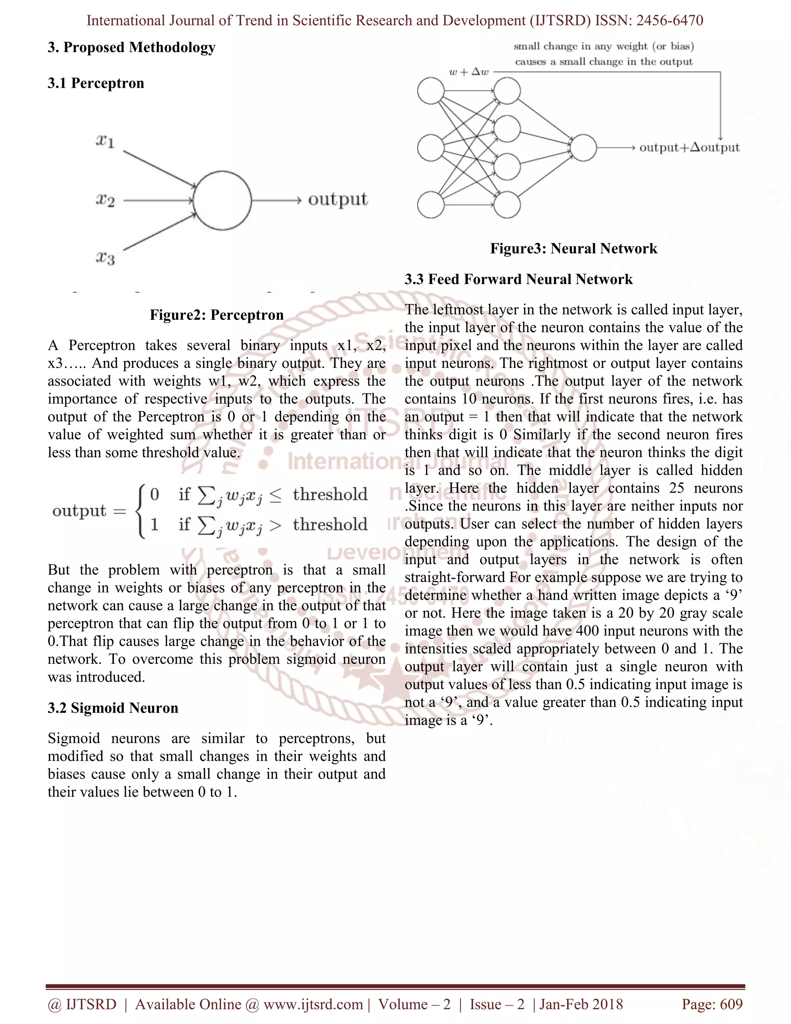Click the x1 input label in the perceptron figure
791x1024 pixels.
click(x=105, y=141)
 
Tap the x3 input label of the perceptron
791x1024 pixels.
click(x=105, y=257)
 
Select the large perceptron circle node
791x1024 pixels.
click(x=222, y=201)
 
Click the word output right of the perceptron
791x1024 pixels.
click(x=338, y=199)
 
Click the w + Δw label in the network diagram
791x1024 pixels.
click(x=468, y=72)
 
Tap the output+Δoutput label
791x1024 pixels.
click(x=689, y=148)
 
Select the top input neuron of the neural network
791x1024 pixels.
click(x=431, y=91)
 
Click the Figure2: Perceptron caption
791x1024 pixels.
click(x=217, y=315)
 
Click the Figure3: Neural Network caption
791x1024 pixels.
click(x=574, y=248)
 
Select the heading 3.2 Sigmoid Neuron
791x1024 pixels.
click(x=113, y=708)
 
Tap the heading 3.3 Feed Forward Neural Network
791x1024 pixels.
click(x=518, y=279)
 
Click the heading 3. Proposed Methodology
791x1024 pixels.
click(x=131, y=48)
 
